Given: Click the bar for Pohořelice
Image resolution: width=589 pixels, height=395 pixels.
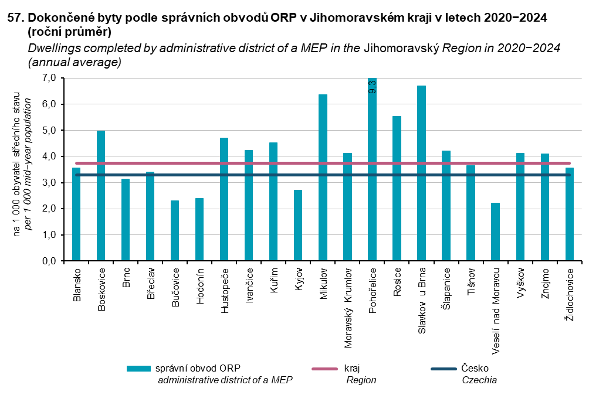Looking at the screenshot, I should point(372,170).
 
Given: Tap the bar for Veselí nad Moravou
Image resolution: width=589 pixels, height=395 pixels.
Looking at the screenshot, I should point(495,232).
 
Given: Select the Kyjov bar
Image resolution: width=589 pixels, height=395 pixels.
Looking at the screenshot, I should point(298,226).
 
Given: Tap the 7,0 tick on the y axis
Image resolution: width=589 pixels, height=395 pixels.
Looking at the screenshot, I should point(49,78).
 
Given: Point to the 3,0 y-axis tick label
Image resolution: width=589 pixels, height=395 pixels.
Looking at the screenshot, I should point(49,183).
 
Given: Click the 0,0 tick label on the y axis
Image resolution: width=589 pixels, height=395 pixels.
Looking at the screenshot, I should point(49,261).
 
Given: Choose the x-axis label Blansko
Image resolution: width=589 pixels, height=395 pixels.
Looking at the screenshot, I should point(76,285).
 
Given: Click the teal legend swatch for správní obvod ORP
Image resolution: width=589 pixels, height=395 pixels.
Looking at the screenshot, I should point(138,368).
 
